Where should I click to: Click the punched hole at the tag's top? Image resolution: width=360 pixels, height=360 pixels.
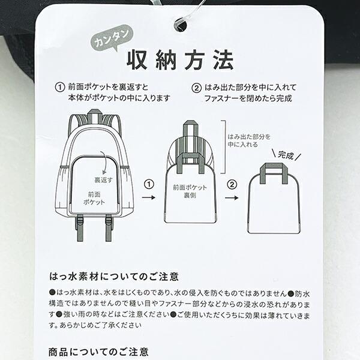coord(180,25)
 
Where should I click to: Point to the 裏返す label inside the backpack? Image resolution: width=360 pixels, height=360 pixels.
coord(103,179)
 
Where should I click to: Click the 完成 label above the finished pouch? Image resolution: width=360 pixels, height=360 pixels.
coord(287,155)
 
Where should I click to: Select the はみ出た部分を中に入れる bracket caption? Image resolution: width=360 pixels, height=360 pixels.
coord(246,140)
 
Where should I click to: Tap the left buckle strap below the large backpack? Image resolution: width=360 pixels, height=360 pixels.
coord(79,227)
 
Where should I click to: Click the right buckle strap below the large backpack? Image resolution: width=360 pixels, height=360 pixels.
coord(109,227)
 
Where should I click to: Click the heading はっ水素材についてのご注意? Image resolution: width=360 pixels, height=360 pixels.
coord(114,277)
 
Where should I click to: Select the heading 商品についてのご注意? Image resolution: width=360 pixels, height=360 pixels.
coord(98,352)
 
